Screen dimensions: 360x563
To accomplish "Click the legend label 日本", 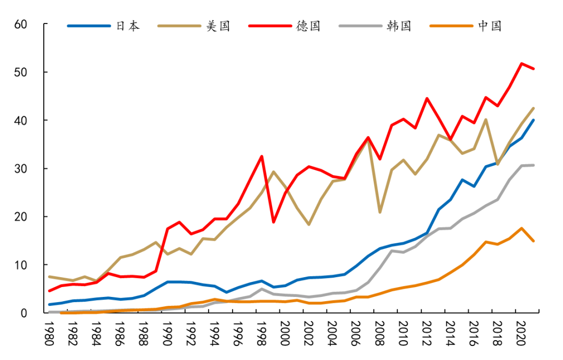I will pos(127,26).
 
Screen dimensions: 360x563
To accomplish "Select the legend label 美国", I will pos(218,26).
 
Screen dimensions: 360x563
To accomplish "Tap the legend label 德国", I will pos(308,26).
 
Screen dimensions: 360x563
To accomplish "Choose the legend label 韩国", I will pos(399,26).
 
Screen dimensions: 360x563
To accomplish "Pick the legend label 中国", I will pos(489,26).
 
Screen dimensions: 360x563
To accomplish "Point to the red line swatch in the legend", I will pos(269,26).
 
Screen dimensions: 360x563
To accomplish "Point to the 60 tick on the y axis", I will pos(21,24).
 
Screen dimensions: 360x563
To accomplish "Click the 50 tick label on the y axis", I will pos(21,72).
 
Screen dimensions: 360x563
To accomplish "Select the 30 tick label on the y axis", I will pos(21,168).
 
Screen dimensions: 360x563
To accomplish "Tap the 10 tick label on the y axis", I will pos(21,265).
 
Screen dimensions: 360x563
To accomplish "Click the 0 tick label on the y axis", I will pos(25,313).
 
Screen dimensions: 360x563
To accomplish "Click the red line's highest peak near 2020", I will pos(521,64).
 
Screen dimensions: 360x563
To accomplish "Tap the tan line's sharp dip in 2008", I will pos(380,212).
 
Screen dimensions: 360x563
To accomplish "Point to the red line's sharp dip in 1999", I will pos(274,222).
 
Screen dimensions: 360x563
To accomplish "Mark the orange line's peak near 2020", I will pos(521,228).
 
